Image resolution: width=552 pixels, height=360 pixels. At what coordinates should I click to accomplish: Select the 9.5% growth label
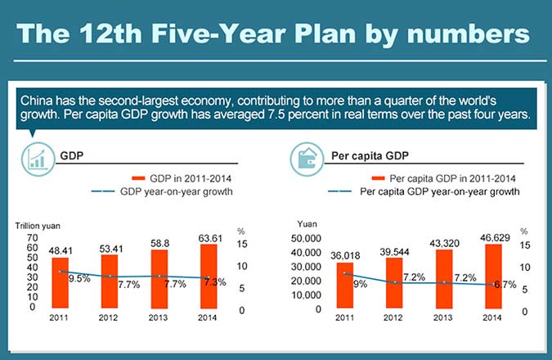(79, 278)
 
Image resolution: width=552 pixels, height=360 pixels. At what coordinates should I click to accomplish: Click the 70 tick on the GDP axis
(32, 237)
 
